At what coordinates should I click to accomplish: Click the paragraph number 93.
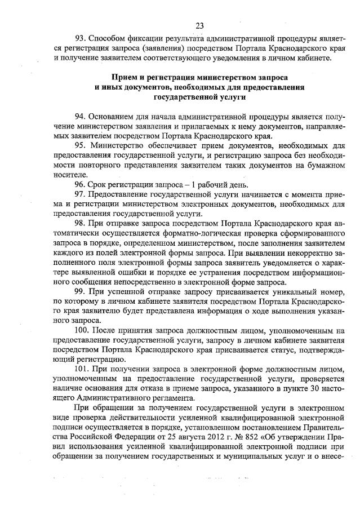[x=81, y=38]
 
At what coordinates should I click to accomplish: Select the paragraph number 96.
[x=81, y=184]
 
